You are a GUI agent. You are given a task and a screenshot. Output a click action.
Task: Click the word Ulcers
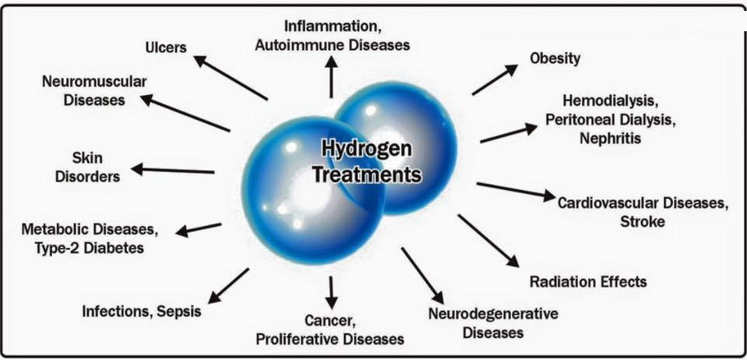166,48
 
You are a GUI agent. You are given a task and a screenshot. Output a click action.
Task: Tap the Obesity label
555,58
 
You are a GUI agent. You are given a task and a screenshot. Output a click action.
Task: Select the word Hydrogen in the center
366,150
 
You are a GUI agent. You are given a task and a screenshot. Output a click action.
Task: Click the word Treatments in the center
366,175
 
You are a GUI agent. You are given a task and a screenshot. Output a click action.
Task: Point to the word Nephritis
610,138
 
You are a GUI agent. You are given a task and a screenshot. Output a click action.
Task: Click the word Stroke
642,222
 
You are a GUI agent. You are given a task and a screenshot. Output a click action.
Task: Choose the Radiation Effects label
588,281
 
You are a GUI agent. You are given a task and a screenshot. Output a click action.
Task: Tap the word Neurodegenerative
493,314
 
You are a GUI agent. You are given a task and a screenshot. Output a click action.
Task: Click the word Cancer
329,321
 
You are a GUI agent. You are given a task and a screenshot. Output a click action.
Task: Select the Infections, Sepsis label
142,312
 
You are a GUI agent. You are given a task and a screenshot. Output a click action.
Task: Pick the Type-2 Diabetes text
89,249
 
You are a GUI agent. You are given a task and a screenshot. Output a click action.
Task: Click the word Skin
88,157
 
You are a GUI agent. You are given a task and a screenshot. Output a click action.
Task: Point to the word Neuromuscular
94,82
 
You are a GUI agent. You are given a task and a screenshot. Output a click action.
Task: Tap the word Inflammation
332,26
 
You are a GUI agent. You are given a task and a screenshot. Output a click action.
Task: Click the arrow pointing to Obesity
495,79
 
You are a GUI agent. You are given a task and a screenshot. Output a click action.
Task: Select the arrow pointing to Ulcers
230,78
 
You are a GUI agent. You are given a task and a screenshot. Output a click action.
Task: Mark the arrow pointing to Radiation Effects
488,241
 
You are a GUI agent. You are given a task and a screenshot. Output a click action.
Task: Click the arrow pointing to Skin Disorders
172,170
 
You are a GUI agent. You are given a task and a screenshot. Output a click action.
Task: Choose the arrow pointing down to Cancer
332,292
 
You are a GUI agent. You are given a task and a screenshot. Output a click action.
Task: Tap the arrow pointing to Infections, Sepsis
229,286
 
